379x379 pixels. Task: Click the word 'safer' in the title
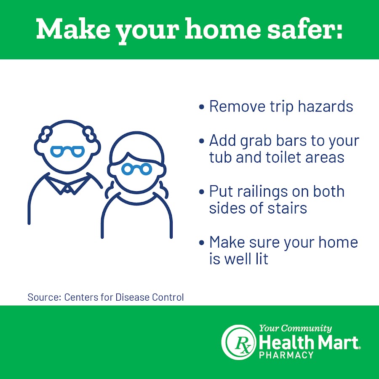[305, 29]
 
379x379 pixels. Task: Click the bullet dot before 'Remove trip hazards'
[201, 107]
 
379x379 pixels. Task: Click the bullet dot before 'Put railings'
[201, 192]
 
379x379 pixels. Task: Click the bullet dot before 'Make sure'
[201, 243]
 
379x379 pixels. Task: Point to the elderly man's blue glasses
[67, 151]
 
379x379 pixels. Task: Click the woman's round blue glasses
[137, 169]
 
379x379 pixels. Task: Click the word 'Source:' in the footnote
[44, 297]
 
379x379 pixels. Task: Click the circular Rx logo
[239, 342]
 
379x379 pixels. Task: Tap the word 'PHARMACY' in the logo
[286, 355]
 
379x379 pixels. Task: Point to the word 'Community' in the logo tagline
[307, 328]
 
